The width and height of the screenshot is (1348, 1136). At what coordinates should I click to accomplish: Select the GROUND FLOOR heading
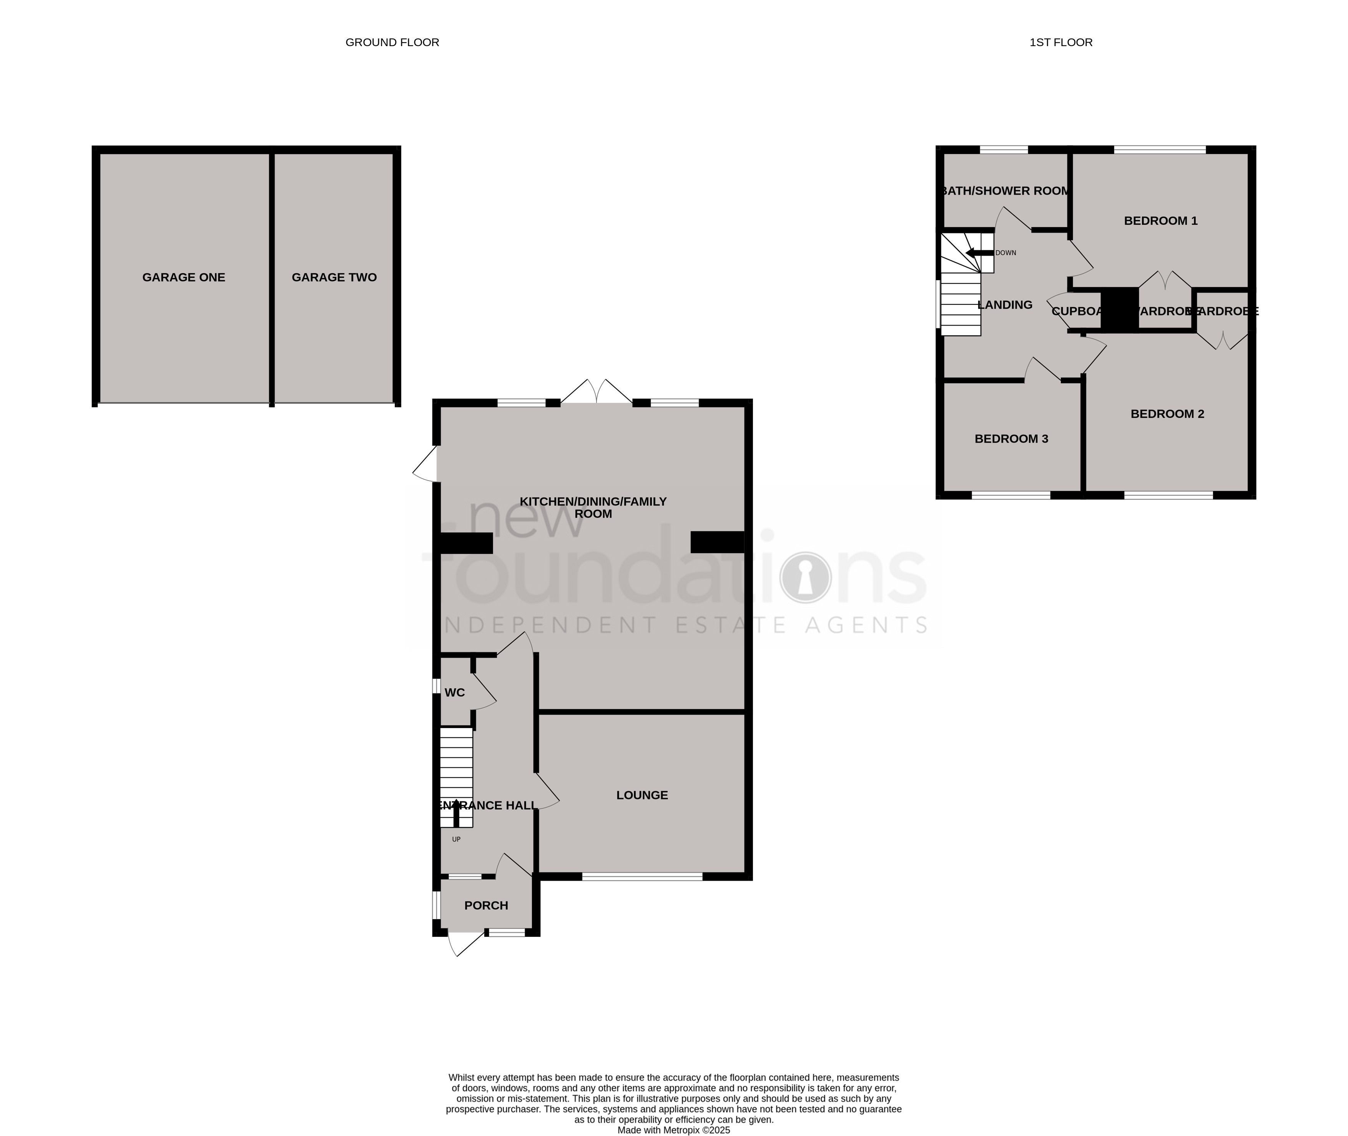(x=392, y=43)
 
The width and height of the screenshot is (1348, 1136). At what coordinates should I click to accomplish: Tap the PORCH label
(x=486, y=905)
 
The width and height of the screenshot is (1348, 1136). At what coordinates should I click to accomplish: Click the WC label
(x=454, y=693)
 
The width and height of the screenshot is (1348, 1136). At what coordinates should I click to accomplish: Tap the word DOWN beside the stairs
(x=1006, y=253)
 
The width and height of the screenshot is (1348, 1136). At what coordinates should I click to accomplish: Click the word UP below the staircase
(x=456, y=840)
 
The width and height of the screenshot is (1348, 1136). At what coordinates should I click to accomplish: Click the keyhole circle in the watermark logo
(x=804, y=578)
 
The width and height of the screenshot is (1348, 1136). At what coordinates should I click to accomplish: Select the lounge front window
(x=642, y=877)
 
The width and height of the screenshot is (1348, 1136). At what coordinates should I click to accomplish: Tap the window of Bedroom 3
(x=1011, y=495)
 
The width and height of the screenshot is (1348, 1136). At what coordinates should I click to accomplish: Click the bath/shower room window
(x=1004, y=150)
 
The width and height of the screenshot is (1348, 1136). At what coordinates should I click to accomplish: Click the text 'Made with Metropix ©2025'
(x=673, y=1129)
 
